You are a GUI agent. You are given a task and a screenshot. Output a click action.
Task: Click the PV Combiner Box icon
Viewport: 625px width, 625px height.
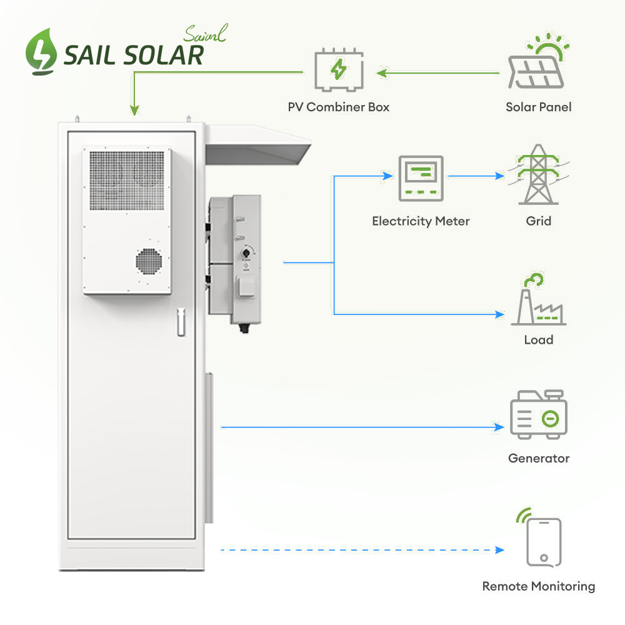click(x=337, y=71)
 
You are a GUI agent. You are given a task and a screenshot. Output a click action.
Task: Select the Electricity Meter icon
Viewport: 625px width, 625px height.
click(x=421, y=178)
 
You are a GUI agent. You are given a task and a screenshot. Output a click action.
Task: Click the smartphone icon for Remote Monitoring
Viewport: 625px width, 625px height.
click(x=542, y=542)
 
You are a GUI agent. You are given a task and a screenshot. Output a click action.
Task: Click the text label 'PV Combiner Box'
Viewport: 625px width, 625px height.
click(x=339, y=107)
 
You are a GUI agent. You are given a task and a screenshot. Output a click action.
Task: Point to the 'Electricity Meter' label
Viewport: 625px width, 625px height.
click(x=421, y=221)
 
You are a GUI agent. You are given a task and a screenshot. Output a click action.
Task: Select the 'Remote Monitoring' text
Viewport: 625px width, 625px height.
click(x=538, y=586)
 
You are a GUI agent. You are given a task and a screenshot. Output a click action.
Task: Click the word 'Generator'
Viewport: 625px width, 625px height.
click(x=539, y=458)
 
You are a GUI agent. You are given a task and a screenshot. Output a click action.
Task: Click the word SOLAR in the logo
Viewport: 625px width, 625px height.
click(x=164, y=56)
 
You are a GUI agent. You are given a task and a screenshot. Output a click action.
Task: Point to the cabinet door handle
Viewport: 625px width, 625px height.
click(x=181, y=322)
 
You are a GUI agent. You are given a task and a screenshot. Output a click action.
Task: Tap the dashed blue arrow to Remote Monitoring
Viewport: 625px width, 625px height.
click(x=362, y=550)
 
